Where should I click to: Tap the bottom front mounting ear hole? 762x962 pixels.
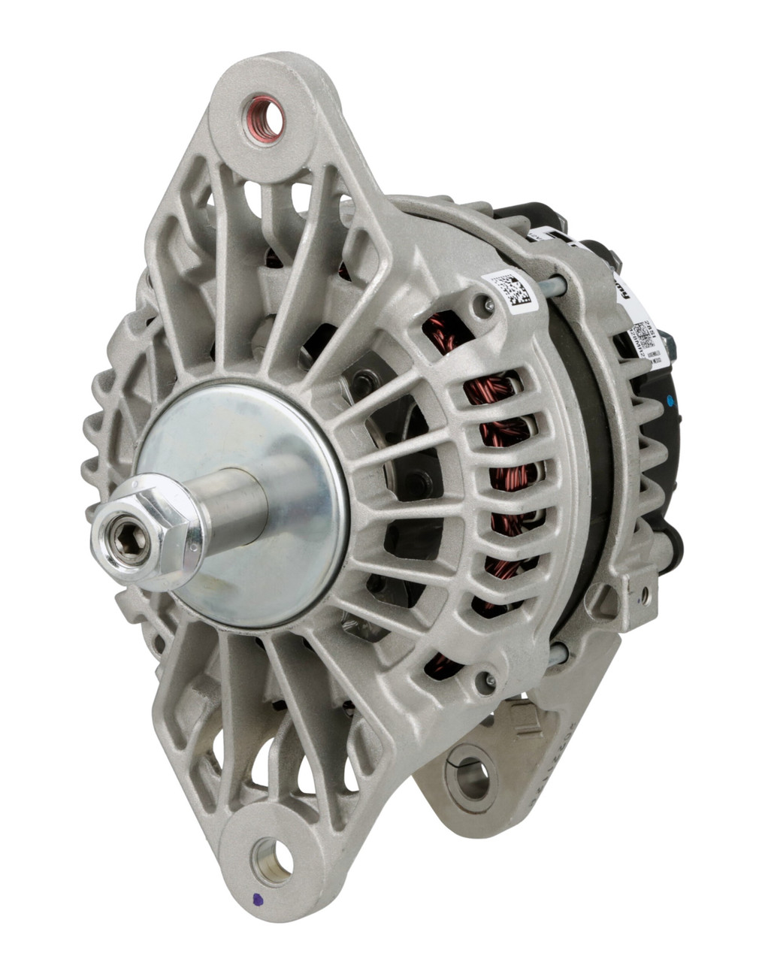[x=274, y=858]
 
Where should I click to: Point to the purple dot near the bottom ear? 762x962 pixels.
[x=258, y=898]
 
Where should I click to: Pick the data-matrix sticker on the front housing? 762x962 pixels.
[x=515, y=292]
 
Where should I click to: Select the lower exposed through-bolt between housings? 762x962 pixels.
[x=558, y=654]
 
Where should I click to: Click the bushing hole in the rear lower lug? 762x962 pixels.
[x=471, y=779]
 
